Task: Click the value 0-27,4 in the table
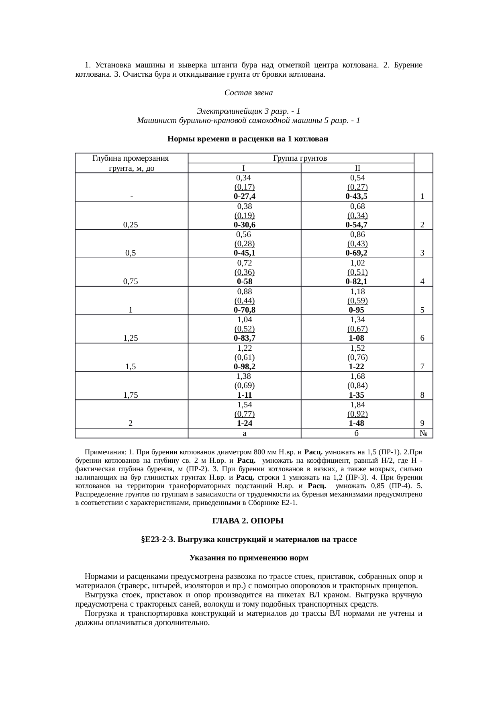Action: [x=245, y=196]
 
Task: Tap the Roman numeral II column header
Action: [x=357, y=168]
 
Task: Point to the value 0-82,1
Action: [x=357, y=282]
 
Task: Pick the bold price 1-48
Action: [x=357, y=423]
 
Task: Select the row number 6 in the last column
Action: [x=422, y=338]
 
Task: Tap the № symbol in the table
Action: [x=423, y=433]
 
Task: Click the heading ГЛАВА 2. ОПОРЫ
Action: [x=248, y=521]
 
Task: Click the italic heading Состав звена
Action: [x=249, y=93]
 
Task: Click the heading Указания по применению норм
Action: [x=249, y=558]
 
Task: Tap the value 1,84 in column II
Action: [x=357, y=405]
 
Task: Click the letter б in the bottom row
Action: [x=357, y=433]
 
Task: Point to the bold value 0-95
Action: [x=357, y=310]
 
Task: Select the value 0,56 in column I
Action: [x=244, y=234]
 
